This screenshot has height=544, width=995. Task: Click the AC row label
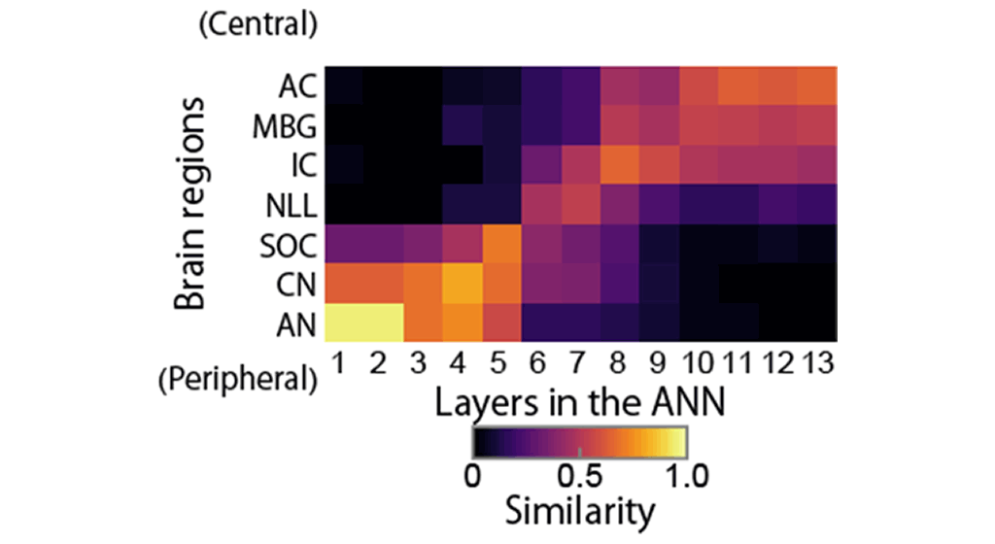(x=297, y=86)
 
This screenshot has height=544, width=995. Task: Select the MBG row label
(x=285, y=126)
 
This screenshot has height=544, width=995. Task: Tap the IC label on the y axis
(x=303, y=165)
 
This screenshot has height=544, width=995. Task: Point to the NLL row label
(x=291, y=205)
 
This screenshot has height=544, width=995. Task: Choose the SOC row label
(x=288, y=246)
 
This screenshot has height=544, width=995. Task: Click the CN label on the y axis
(x=296, y=286)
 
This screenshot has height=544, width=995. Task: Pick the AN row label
(x=296, y=325)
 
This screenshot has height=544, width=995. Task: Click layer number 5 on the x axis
(x=498, y=364)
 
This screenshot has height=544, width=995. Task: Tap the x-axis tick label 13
(x=818, y=364)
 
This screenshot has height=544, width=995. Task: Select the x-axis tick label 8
(x=617, y=364)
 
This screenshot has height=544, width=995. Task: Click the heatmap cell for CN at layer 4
(x=462, y=283)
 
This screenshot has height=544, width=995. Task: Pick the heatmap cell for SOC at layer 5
(x=501, y=244)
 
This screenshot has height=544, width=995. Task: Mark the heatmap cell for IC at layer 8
(x=620, y=165)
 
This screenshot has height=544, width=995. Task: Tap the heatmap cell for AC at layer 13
(x=817, y=86)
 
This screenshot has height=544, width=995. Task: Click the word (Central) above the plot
(x=258, y=24)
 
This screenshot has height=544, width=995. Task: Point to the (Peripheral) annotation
(x=238, y=380)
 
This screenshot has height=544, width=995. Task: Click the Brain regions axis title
(x=189, y=204)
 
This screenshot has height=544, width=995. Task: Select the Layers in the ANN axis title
(x=580, y=402)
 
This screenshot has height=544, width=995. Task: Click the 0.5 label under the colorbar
(x=579, y=476)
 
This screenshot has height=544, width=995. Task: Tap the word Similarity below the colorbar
(x=580, y=511)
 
